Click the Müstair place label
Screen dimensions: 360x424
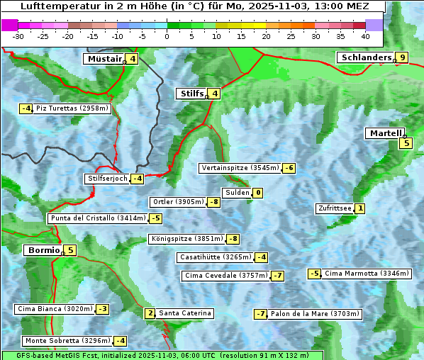[x=104, y=59]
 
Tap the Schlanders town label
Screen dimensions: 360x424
[x=365, y=57]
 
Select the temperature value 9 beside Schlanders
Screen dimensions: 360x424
[x=402, y=57]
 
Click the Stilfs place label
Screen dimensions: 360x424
[x=191, y=94]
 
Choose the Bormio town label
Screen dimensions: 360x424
[x=43, y=250]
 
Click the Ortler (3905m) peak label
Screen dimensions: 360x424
[x=178, y=202]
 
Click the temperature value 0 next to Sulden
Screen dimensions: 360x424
[x=258, y=193]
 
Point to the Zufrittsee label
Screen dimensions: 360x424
[x=334, y=208]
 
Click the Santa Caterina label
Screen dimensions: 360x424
[x=184, y=313]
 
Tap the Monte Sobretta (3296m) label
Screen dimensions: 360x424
[x=67, y=341]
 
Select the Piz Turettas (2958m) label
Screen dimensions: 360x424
[x=72, y=108]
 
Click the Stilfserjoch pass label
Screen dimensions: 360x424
[x=107, y=179]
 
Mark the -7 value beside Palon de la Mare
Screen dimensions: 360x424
[x=261, y=314]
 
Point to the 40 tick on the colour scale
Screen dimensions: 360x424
[x=365, y=35]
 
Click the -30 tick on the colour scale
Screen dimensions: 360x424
[x=18, y=35]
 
